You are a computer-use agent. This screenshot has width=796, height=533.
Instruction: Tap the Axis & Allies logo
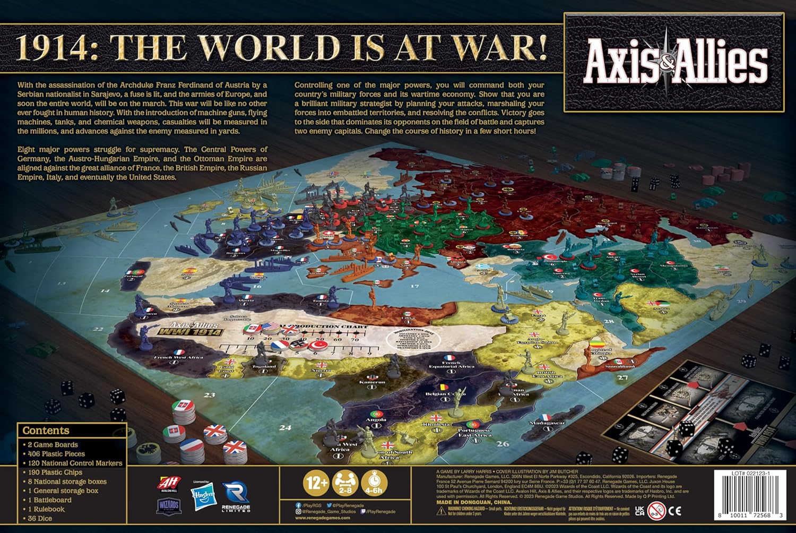click(676, 63)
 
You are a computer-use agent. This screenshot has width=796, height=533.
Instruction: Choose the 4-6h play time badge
click(374, 483)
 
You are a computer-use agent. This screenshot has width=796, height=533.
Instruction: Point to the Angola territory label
click(376, 419)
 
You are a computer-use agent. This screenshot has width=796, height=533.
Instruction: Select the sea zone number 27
click(622, 378)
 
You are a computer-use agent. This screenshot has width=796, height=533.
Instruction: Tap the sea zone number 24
click(285, 427)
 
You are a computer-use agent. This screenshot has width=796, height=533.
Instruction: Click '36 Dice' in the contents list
click(40, 518)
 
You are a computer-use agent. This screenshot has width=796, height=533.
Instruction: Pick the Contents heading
click(46, 431)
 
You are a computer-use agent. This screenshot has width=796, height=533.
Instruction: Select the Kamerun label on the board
click(372, 382)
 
